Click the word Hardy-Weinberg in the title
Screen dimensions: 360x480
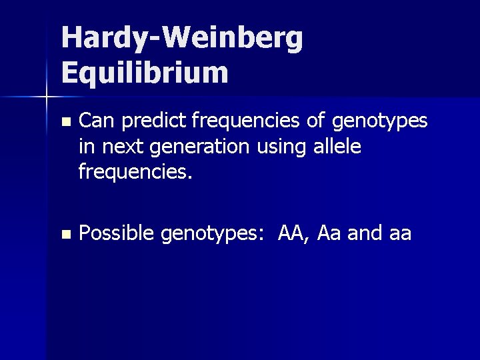(x=182, y=39)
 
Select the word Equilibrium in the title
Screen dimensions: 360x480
(x=145, y=72)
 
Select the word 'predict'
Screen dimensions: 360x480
(x=152, y=122)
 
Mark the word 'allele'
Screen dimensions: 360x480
(x=339, y=147)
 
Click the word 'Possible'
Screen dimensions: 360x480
(x=115, y=233)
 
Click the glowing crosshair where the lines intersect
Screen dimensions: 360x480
(x=46, y=97)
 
